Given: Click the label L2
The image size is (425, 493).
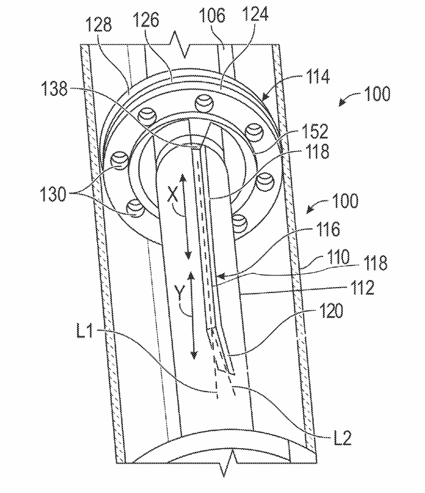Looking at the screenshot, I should [340, 438].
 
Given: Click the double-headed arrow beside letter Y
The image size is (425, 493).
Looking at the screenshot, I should [192, 314].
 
